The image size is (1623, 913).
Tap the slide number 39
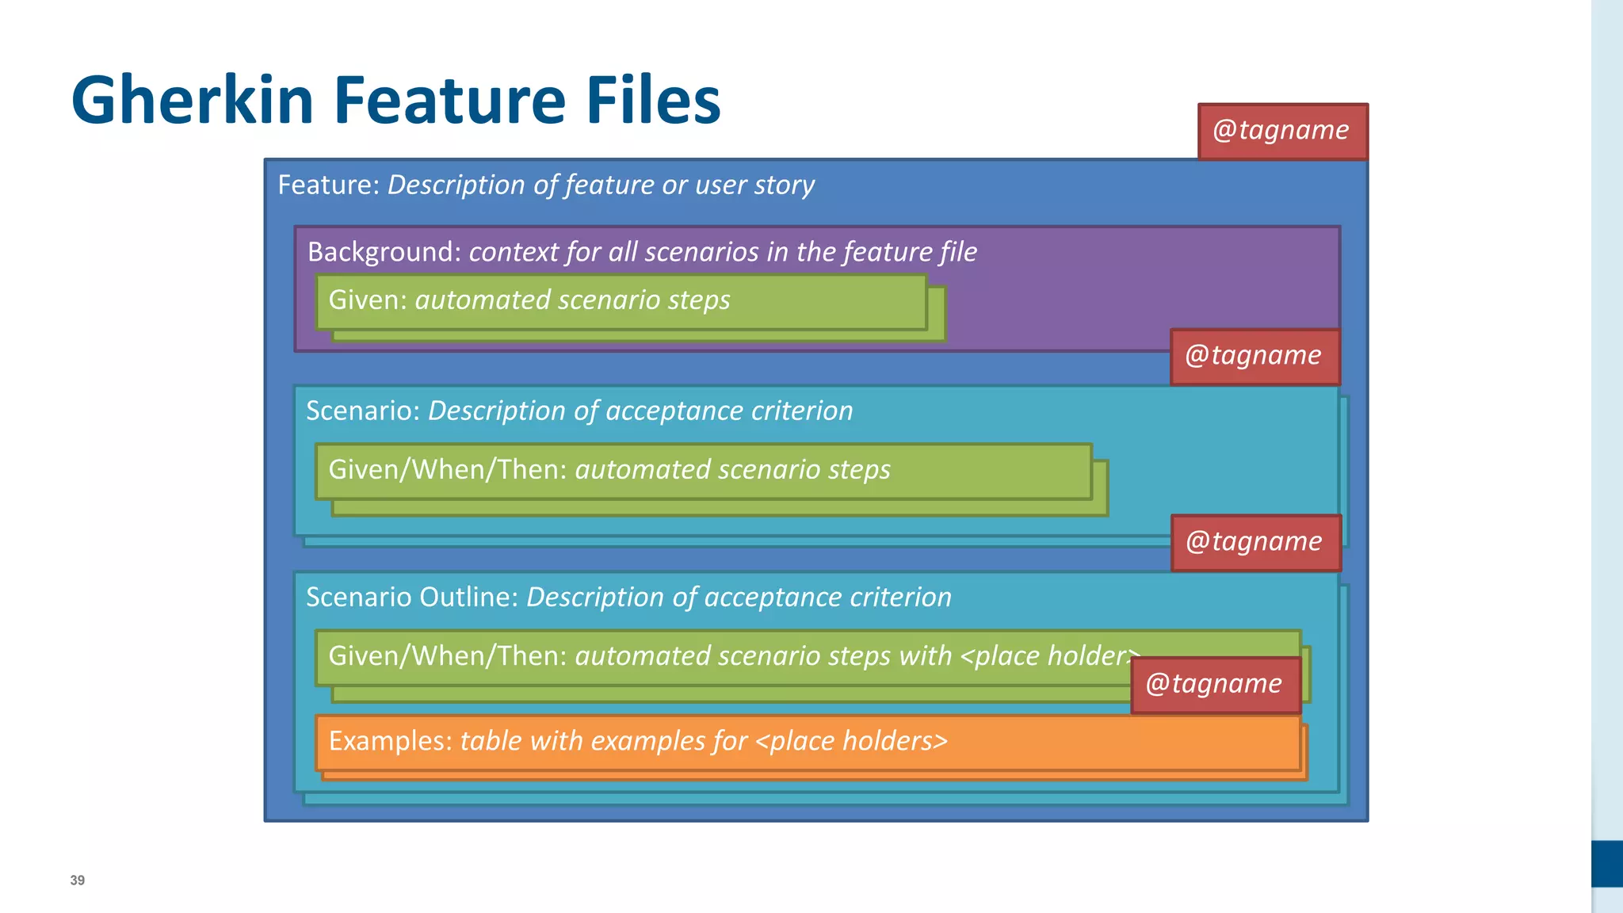click(x=77, y=881)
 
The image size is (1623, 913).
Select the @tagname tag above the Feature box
click(x=1281, y=131)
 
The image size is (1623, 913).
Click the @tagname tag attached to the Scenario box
click(x=1254, y=356)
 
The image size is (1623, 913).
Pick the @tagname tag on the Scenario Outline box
click(x=1254, y=542)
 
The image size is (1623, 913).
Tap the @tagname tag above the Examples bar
click(x=1214, y=684)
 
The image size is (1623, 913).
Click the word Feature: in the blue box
click(x=328, y=185)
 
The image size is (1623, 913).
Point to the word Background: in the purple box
click(x=384, y=252)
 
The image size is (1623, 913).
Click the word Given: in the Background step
click(x=367, y=300)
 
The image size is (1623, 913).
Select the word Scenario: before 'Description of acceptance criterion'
click(x=362, y=411)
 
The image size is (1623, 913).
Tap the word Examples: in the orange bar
click(x=390, y=741)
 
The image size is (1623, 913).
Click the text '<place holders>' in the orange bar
click(x=851, y=741)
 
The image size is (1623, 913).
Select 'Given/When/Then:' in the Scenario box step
click(x=447, y=470)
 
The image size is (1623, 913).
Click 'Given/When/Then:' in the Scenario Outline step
click(x=447, y=656)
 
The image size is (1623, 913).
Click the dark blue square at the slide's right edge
click(x=1606, y=863)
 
